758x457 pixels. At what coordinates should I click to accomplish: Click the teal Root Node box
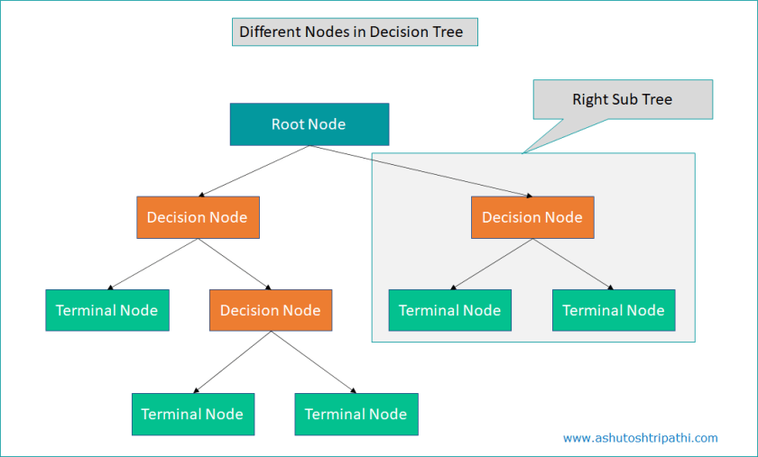[x=309, y=124]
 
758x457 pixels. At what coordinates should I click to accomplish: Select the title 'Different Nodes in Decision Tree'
[x=351, y=32]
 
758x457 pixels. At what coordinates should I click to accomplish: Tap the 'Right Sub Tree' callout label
[x=622, y=99]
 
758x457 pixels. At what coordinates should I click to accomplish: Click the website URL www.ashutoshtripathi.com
[x=640, y=438]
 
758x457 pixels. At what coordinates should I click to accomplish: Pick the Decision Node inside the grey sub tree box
[x=532, y=217]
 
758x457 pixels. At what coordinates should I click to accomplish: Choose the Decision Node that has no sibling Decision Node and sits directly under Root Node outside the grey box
[x=198, y=217]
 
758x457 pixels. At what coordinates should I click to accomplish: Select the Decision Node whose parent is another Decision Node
[x=270, y=310]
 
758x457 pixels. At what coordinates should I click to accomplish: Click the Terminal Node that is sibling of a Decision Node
[x=106, y=310]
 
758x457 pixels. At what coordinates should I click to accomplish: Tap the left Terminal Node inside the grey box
[x=449, y=310]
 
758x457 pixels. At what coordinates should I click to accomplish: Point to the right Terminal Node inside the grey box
[x=613, y=310]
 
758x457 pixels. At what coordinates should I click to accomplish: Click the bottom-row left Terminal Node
[x=192, y=415]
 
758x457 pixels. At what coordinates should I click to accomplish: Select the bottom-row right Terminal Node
[x=356, y=415]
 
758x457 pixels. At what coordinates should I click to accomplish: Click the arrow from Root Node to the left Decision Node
[x=253, y=171]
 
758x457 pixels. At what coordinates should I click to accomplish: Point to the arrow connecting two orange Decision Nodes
[x=234, y=264]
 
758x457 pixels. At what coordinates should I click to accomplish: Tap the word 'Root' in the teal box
[x=288, y=124]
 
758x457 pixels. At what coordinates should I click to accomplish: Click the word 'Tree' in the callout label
[x=656, y=99]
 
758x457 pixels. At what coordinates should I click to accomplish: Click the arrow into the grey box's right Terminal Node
[x=572, y=264]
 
